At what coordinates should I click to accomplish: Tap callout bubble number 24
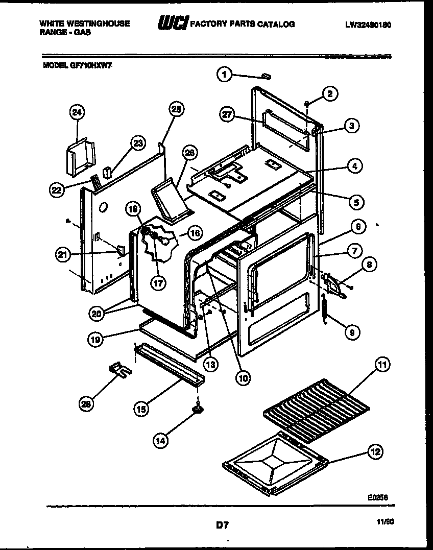(77, 112)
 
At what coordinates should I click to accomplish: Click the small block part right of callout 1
(266, 77)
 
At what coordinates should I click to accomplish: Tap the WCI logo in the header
(172, 23)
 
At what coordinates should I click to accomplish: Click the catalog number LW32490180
(368, 25)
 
